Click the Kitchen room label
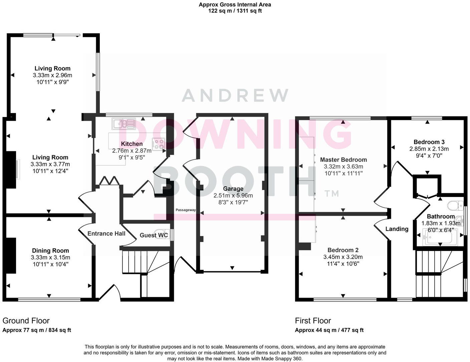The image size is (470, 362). pos(132,144)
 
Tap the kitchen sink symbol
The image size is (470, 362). pos(124,124)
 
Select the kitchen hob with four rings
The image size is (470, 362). pos(159,144)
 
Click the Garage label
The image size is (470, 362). pos(233,189)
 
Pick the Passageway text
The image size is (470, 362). pos(186,210)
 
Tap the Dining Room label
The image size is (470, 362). pos(50,251)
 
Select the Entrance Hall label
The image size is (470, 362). pos(106,234)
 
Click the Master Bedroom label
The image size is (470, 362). pos(343,160)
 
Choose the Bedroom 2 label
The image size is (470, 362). pos(343,250)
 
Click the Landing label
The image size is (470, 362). pos(397,229)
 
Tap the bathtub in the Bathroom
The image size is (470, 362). pos(437,238)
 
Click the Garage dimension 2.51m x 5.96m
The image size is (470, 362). pos(233,196)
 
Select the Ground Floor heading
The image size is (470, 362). pos(26,321)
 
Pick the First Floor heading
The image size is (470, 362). pos(313,321)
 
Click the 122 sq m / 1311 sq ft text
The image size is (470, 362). pos(235,11)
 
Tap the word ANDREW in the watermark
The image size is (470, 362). pos(235,95)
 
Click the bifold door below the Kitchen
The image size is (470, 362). pos(110,181)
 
